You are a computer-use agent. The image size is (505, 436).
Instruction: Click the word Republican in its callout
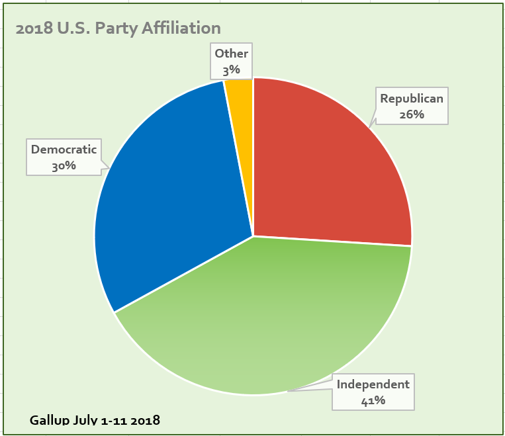(411, 99)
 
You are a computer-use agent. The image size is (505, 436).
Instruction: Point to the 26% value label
(411, 114)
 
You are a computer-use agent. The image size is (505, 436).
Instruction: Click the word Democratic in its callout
(64, 150)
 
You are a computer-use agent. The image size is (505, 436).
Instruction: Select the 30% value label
(64, 166)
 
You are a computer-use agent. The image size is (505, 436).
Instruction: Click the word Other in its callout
(231, 54)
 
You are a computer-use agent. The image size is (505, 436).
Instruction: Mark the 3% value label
(231, 69)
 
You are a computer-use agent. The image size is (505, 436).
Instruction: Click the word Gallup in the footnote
(49, 420)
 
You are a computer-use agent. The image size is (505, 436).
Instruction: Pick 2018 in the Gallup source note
(145, 420)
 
